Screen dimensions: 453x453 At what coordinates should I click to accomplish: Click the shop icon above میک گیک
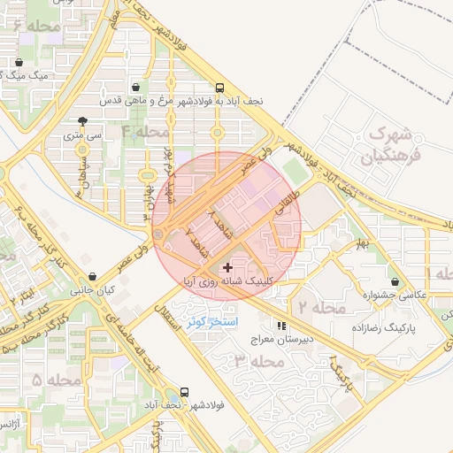point(19,62)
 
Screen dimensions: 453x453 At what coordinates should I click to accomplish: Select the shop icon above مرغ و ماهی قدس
point(134,88)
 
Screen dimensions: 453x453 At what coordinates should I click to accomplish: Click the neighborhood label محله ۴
point(145,132)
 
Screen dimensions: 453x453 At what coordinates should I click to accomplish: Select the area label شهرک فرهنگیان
point(388,147)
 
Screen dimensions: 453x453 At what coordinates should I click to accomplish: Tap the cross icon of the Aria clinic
point(227,267)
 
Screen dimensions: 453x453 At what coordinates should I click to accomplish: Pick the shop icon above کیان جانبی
point(94,277)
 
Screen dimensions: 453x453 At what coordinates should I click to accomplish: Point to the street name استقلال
point(172,320)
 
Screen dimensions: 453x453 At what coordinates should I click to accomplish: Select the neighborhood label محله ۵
point(36,380)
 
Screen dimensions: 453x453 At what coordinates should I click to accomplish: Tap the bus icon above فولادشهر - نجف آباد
point(184,391)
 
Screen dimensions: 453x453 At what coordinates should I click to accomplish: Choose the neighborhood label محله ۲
point(321,308)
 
